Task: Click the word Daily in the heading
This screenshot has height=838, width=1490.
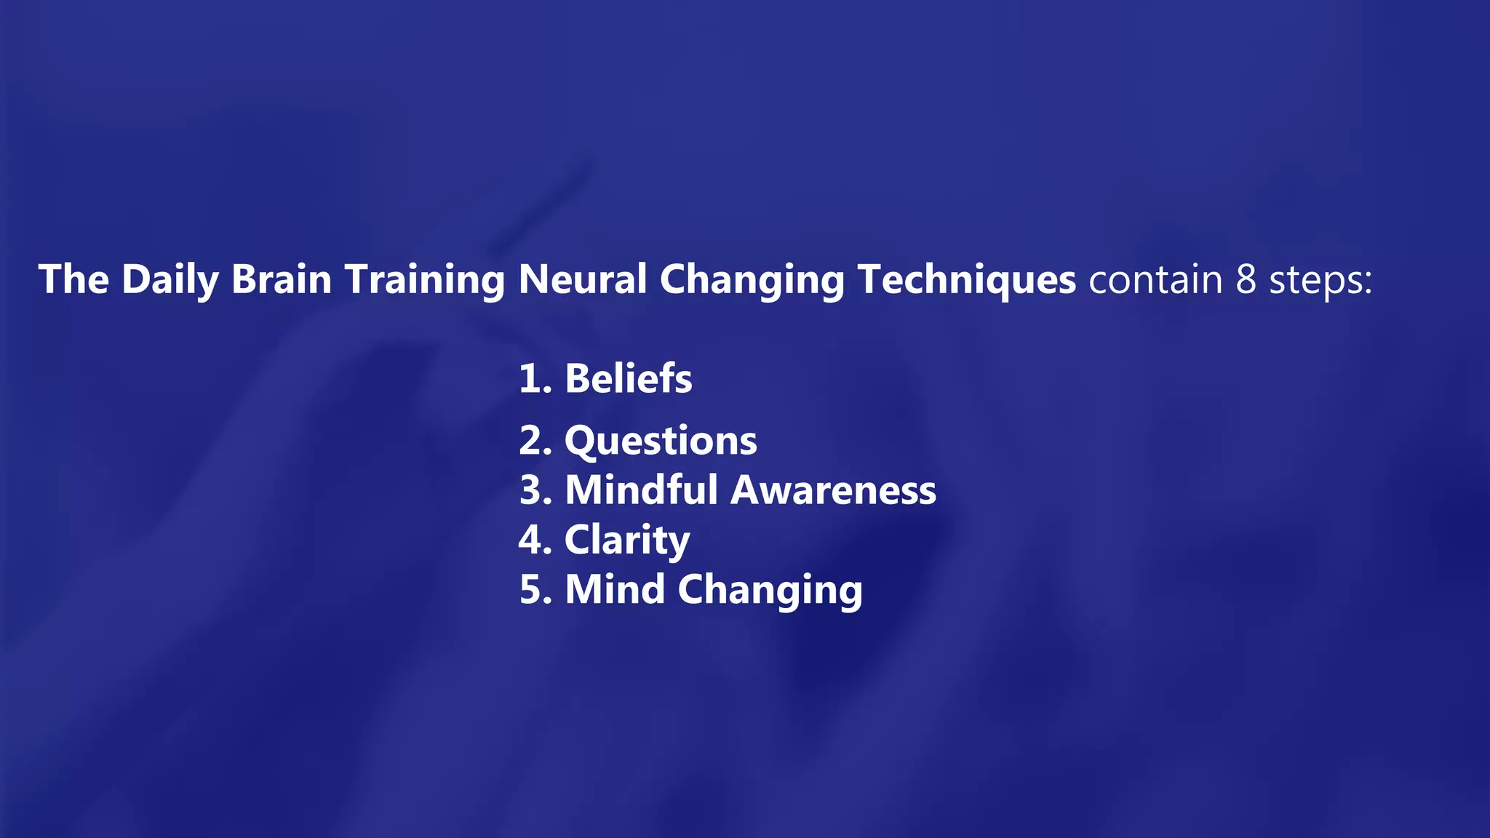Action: coord(170,280)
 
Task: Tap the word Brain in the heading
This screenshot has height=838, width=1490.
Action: coord(282,280)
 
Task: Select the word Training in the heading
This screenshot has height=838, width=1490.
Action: coord(425,280)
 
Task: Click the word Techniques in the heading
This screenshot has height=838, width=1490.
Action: coord(966,280)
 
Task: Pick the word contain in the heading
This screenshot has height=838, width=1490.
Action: coord(1155,280)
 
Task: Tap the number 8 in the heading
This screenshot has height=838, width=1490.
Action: coord(1246,280)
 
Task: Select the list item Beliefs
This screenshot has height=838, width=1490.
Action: coord(629,379)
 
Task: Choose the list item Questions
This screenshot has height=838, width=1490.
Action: coord(661,442)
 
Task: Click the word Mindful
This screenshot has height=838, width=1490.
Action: coord(642,490)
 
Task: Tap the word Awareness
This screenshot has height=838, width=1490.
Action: coord(833,490)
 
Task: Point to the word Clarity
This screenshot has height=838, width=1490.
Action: coord(627,540)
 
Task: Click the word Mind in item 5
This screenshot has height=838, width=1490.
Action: coord(615,589)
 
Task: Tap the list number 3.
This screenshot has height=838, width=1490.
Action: coord(532,490)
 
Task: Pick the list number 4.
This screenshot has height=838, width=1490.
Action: coord(532,540)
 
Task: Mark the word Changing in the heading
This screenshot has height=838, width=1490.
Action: coord(752,280)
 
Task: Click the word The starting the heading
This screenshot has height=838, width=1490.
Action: coord(73,280)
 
